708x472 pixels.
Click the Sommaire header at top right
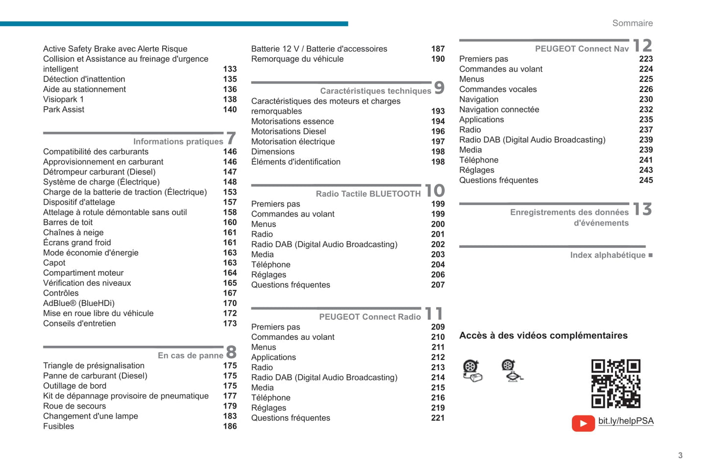coord(632,23)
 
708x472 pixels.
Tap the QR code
coord(615,383)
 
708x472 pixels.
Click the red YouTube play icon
coord(583,423)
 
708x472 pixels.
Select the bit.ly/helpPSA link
coord(626,421)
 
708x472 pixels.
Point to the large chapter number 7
coord(231,139)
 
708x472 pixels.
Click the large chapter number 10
coord(435,190)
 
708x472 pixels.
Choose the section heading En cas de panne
coord(190,355)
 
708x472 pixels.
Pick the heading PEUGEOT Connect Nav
coord(582,49)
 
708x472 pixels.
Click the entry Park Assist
coord(64,110)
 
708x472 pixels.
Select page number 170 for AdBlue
coord(230,304)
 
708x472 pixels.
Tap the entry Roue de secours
coord(74,406)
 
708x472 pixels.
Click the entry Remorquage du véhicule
coord(297,59)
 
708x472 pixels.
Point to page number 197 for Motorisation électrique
coord(438,142)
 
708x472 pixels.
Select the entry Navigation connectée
coord(499,110)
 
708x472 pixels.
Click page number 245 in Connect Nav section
coord(646,181)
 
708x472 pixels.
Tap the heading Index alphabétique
coord(608,255)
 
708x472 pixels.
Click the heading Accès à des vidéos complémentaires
coord(543,336)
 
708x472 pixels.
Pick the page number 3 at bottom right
coord(680,455)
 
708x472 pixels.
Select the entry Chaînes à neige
coord(73,233)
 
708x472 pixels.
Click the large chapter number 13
coord(642,210)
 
